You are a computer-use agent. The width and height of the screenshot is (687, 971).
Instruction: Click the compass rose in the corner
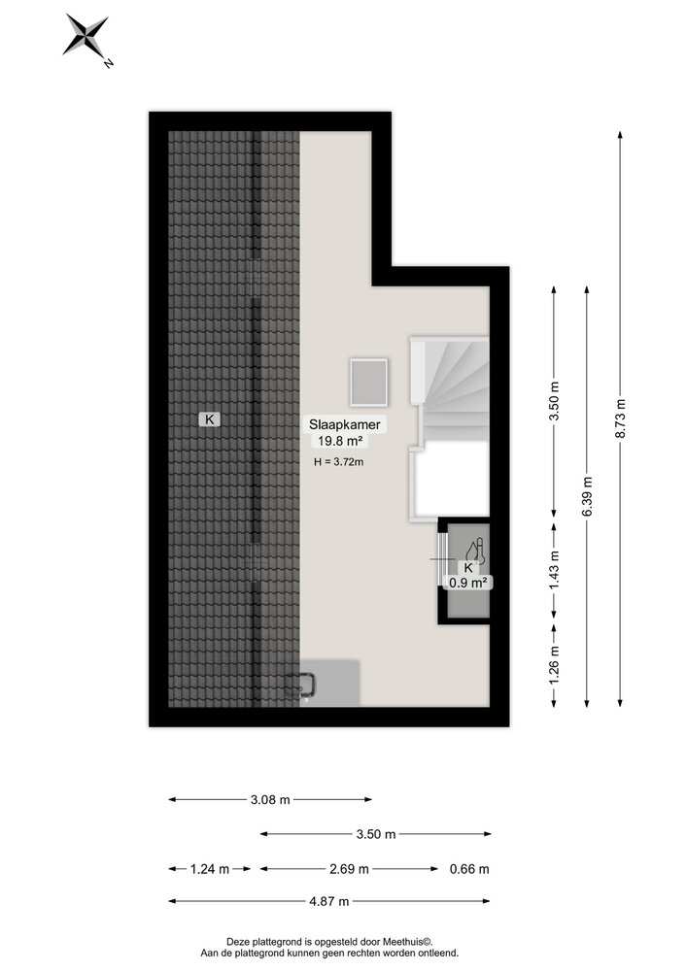pos(86,39)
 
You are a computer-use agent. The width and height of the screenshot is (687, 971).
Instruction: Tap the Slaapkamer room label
pos(344,424)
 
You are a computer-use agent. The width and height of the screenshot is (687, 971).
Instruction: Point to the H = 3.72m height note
pos(339,462)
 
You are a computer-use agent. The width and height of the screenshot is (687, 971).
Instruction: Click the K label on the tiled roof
pos(208,419)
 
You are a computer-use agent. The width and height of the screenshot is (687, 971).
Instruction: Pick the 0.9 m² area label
pos(466,583)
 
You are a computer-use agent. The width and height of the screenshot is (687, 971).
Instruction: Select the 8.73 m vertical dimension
pos(620,419)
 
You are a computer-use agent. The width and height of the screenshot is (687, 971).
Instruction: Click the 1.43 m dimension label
pos(555,568)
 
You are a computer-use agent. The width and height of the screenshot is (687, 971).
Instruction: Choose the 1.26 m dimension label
pos(555,665)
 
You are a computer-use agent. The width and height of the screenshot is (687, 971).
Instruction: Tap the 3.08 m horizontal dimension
pos(269,800)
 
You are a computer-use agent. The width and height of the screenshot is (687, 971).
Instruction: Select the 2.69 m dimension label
pos(349,869)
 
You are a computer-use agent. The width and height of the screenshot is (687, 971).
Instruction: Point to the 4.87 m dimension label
pos(329,902)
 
